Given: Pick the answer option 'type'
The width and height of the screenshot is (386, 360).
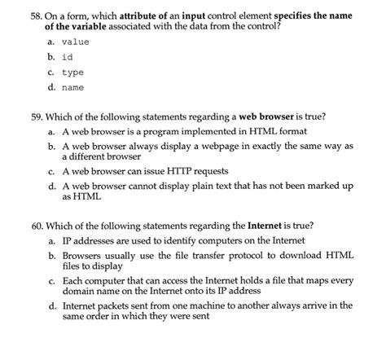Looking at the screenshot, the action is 72,72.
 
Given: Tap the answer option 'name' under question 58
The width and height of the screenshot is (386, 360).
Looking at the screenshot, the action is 72,87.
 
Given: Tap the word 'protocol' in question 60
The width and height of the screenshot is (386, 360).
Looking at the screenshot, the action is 252,256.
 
